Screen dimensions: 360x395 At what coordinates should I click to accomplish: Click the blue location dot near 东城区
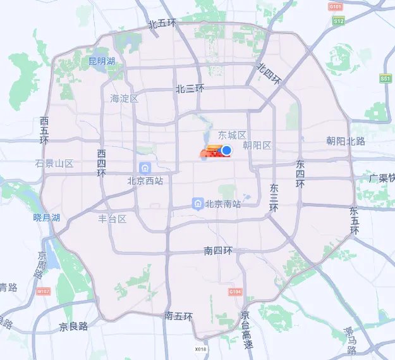(x=227, y=150)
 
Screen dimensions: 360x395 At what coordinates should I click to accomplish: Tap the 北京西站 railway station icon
(x=145, y=168)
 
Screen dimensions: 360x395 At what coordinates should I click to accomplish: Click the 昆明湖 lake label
(x=102, y=61)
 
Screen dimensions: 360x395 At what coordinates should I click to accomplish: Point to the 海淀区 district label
(x=124, y=98)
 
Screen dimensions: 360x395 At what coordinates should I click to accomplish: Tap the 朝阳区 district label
(x=257, y=146)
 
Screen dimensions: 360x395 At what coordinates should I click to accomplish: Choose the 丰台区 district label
(x=112, y=219)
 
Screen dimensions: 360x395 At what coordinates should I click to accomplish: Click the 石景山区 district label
(x=54, y=163)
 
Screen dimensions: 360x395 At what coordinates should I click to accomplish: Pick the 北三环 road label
(x=190, y=89)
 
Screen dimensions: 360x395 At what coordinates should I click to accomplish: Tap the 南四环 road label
(x=218, y=251)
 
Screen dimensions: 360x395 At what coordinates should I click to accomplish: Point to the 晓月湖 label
(x=46, y=218)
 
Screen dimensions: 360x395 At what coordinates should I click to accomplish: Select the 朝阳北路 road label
(x=346, y=141)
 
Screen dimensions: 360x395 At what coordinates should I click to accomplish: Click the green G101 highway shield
(x=335, y=6)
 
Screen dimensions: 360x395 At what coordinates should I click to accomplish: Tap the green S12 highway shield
(x=339, y=21)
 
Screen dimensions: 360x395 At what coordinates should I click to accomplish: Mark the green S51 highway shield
(x=386, y=78)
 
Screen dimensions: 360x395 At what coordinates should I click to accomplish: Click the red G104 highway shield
(x=234, y=292)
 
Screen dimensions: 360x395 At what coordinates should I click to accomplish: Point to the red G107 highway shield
(x=43, y=292)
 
